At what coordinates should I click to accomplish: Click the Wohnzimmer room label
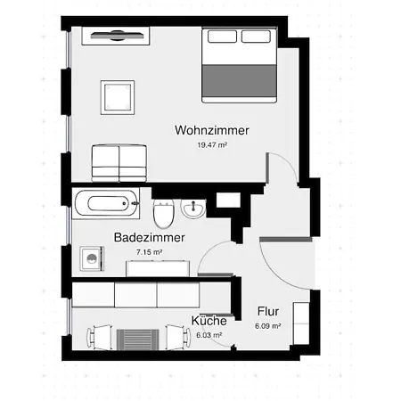coord(212,130)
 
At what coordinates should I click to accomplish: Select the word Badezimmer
coord(149,238)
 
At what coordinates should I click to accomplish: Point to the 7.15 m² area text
coord(149,252)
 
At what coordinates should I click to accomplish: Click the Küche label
coord(207,321)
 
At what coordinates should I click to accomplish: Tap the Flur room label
coord(268,312)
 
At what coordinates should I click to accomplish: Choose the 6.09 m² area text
coord(268,326)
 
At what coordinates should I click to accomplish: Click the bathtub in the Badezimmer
coord(107,203)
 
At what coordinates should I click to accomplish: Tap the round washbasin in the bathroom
coord(193,209)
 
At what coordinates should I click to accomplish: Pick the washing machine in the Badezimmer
coord(93,259)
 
